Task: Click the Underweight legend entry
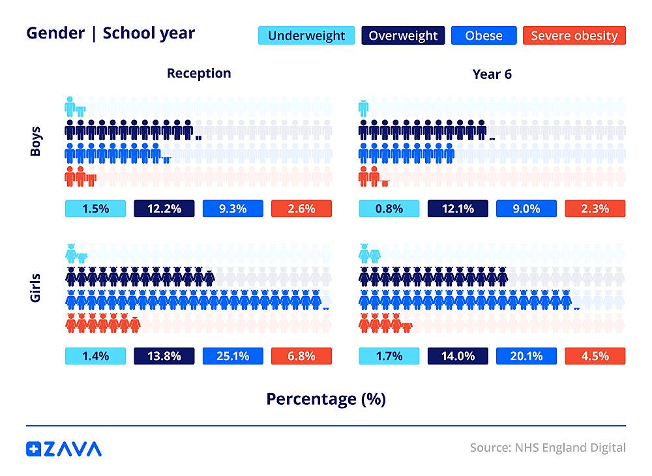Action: pyautogui.click(x=306, y=35)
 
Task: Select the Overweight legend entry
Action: pyautogui.click(x=404, y=35)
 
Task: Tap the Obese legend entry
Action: pyautogui.click(x=483, y=35)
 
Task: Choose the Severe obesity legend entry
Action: pyautogui.click(x=574, y=35)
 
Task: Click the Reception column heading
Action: pyautogui.click(x=199, y=73)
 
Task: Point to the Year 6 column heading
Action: pyautogui.click(x=492, y=74)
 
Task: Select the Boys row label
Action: pyautogui.click(x=36, y=141)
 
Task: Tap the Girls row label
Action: pyautogui.click(x=36, y=288)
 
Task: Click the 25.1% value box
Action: pyautogui.click(x=233, y=356)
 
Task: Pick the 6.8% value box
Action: pyautogui.click(x=301, y=356)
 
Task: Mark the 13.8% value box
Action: pyautogui.click(x=164, y=356)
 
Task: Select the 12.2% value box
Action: pyautogui.click(x=164, y=209)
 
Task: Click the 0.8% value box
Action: pyautogui.click(x=389, y=209)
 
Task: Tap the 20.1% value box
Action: pyautogui.click(x=526, y=356)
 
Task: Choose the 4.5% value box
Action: pyautogui.click(x=595, y=356)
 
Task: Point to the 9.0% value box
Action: pyautogui.click(x=526, y=209)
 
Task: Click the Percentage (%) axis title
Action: pyautogui.click(x=326, y=398)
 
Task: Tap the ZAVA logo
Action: pyautogui.click(x=64, y=449)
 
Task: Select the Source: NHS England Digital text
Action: pyautogui.click(x=548, y=448)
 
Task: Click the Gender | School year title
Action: pyautogui.click(x=110, y=33)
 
